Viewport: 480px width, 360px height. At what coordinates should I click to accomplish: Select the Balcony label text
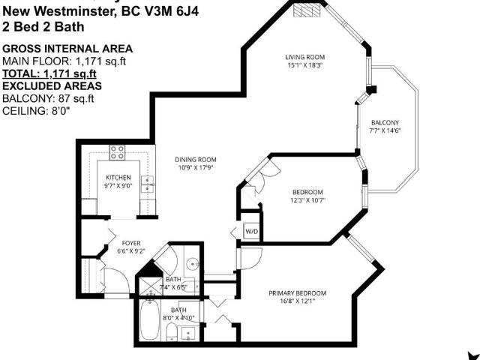[x=385, y=123]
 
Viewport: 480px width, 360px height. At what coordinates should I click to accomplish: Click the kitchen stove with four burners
[x=118, y=152]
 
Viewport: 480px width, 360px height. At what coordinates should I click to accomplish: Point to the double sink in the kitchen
[x=148, y=182]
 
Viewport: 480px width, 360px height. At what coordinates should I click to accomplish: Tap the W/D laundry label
[x=251, y=232]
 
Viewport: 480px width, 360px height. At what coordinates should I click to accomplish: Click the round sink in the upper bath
[x=191, y=264]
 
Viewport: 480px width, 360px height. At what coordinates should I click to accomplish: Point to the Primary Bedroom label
[x=298, y=293]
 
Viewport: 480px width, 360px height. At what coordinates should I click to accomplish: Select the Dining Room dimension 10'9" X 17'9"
[x=196, y=168]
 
